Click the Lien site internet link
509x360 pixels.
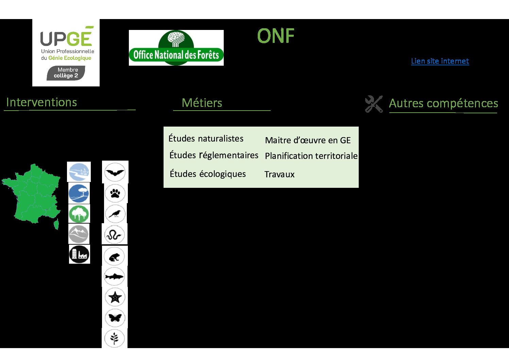[440, 61]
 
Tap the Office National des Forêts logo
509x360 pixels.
[176, 48]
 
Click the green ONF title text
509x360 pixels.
[276, 36]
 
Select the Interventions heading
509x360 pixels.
[41, 102]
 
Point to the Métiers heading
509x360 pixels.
[202, 103]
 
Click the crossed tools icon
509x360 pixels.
[374, 104]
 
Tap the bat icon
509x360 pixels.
[115, 172]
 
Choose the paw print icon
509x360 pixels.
[115, 193]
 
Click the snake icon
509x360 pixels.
[115, 234]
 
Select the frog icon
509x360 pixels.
[114, 257]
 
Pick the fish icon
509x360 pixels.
[114, 277]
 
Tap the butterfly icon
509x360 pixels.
[115, 318]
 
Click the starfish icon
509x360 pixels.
[115, 297]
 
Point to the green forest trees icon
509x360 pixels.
[79, 214]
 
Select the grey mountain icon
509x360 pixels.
[79, 234]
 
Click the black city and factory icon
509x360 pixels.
[80, 254]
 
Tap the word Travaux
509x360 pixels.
[279, 175]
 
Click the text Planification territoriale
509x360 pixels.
[311, 156]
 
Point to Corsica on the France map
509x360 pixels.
[56, 224]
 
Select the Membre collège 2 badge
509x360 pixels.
[66, 73]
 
